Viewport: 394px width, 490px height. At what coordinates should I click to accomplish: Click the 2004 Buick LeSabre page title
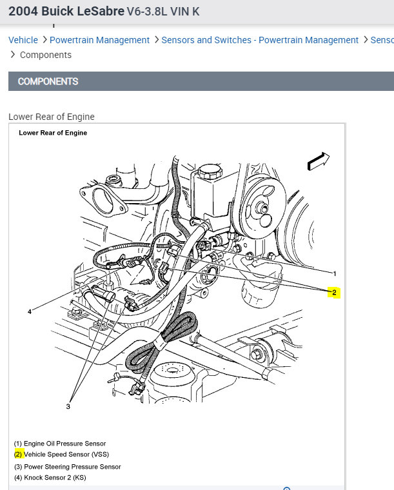[66, 12]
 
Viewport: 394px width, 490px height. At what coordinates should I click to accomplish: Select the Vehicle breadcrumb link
[23, 40]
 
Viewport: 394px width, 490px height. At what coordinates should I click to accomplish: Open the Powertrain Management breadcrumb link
[99, 40]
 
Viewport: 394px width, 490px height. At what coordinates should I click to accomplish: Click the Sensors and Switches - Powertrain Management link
[260, 40]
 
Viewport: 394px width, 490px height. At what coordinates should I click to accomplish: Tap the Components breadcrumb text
[46, 55]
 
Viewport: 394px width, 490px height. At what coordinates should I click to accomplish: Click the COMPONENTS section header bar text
[48, 81]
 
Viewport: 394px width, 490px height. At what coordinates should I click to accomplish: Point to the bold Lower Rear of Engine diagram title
[53, 133]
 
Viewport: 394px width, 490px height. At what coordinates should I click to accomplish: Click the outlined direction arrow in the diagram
[319, 161]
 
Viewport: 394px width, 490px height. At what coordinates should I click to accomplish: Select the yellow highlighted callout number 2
[333, 292]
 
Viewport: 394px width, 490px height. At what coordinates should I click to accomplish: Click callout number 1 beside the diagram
[334, 273]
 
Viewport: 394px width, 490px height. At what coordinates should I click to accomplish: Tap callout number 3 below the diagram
[68, 406]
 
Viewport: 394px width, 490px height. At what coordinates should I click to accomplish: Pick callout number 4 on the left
[30, 312]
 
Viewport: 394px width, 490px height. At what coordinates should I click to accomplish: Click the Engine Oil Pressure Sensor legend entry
[60, 444]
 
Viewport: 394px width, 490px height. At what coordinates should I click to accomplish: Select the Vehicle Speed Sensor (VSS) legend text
[66, 455]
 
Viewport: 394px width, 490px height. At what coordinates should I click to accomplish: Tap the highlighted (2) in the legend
[18, 455]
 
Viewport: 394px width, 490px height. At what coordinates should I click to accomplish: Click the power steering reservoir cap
[209, 172]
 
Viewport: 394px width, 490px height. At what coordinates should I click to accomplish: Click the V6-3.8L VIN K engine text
[166, 12]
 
